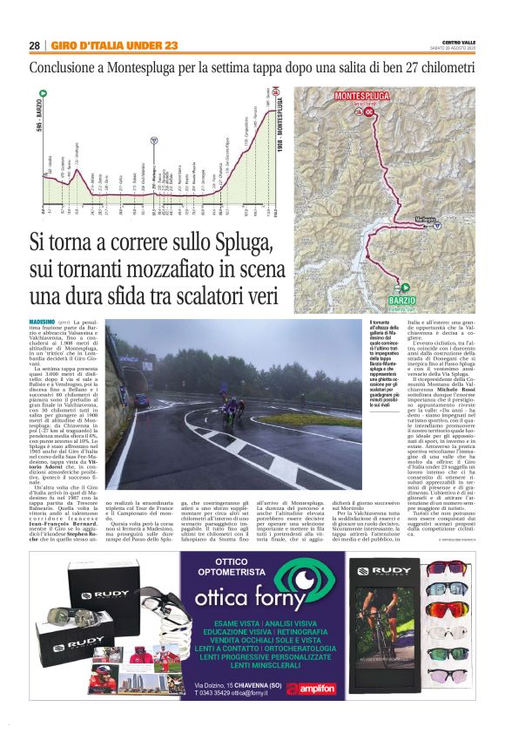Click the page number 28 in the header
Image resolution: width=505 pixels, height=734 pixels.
coord(34,45)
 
